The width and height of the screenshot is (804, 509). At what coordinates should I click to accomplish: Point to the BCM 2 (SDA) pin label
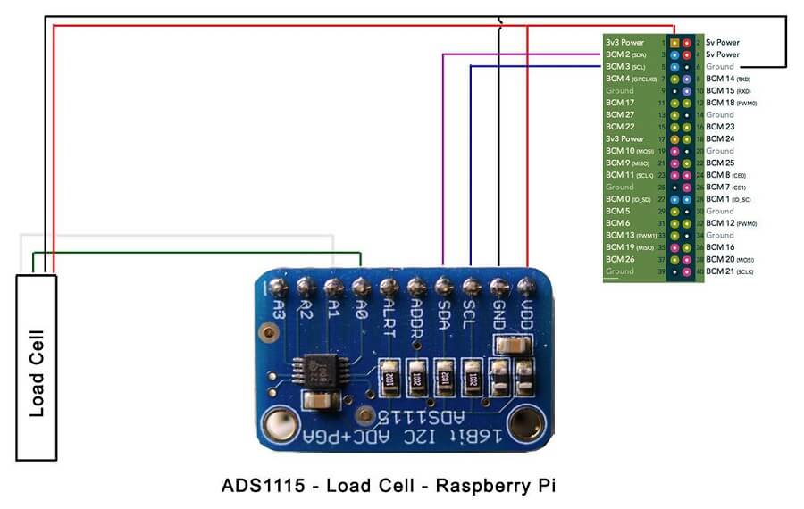pyautogui.click(x=625, y=54)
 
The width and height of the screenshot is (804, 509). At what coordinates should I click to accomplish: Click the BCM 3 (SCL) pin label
pyautogui.click(x=625, y=66)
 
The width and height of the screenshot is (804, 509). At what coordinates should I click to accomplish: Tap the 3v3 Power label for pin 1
pyautogui.click(x=624, y=42)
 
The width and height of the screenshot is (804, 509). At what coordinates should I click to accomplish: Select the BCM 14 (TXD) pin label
pyautogui.click(x=726, y=79)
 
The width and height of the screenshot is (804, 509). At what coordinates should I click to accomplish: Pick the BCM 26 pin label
pyautogui.click(x=619, y=259)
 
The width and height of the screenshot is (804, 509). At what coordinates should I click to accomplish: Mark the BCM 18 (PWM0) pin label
pyautogui.click(x=729, y=103)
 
